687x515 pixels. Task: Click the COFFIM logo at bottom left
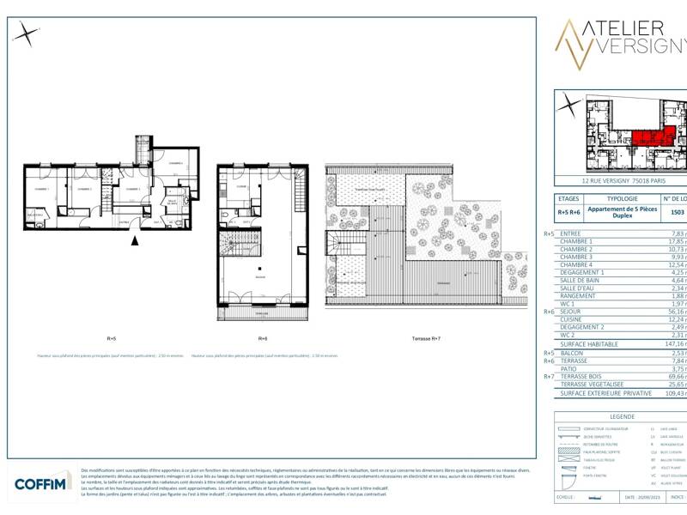(x=42, y=484)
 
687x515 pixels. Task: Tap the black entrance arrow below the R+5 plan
(x=133, y=241)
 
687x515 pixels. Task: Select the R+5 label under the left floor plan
(x=112, y=338)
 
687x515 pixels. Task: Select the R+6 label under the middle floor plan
(x=263, y=338)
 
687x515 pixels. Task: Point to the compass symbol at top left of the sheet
(x=27, y=34)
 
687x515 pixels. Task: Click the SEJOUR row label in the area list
(x=571, y=312)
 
